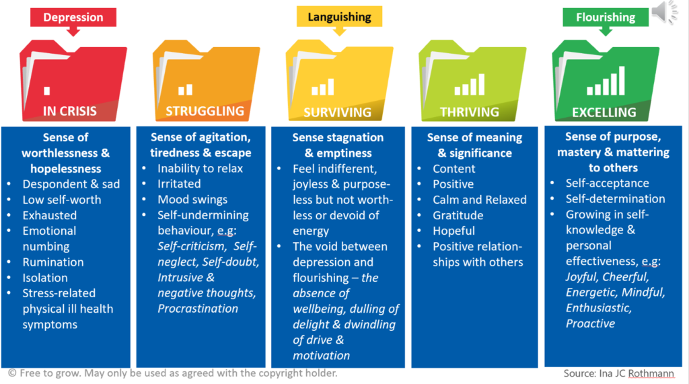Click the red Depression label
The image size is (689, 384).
(73, 17)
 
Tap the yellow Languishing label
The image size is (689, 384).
(340, 16)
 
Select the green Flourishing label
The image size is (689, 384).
(606, 17)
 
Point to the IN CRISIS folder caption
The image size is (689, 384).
(70, 111)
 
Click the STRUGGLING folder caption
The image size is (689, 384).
(205, 111)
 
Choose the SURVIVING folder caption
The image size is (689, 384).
(337, 112)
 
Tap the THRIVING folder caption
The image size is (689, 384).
(470, 112)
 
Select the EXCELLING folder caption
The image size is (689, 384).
(604, 112)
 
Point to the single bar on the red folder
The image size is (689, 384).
(46, 91)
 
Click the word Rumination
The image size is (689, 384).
(53, 262)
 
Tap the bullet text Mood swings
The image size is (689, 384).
(192, 200)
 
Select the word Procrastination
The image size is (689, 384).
(198, 309)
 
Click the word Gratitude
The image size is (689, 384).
(458, 215)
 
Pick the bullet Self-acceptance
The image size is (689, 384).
(607, 183)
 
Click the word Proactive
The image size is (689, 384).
(590, 323)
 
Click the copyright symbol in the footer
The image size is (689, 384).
(12, 373)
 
